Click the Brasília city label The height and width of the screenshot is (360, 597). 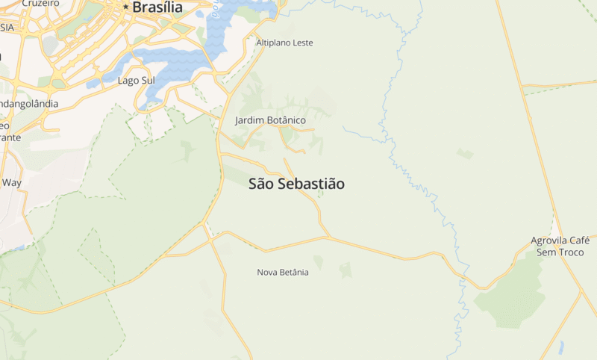pos(157,7)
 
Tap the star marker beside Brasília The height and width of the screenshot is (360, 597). pos(126,7)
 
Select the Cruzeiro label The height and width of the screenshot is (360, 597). pos(40,3)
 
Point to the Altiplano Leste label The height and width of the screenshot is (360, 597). pos(284,43)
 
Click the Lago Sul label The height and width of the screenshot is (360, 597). pos(135,81)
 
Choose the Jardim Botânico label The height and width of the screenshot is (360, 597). pos(270,120)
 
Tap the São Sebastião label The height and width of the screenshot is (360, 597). pos(296,184)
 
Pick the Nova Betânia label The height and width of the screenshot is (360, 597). pos(283,273)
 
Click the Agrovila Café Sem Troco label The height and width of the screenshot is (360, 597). pos(560,246)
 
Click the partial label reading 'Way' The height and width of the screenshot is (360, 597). pos(11,182)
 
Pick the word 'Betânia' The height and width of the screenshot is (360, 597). pos(295,273)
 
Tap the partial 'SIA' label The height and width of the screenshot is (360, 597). pos(7,27)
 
